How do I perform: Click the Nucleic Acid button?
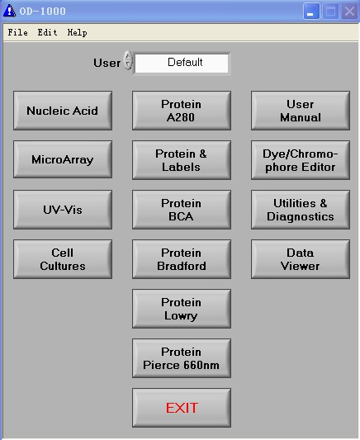[x=63, y=111]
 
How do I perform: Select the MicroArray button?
[x=63, y=159]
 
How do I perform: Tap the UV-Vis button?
[x=63, y=210]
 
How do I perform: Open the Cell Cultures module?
[x=63, y=259]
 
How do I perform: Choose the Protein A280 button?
[x=182, y=111]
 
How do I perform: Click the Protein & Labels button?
[x=182, y=160]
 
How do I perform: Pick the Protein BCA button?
[x=182, y=210]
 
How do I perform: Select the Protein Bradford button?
[x=182, y=259]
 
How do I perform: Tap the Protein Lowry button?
[x=182, y=309]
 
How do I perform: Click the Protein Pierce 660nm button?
[x=182, y=358]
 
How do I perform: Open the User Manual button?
[x=301, y=111]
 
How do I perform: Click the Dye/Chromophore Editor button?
[x=301, y=160]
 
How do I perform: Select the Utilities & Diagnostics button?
[x=301, y=210]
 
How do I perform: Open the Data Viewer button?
[x=301, y=259]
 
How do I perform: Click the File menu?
[x=17, y=32]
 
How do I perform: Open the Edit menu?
[x=47, y=32]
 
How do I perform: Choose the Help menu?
[x=77, y=32]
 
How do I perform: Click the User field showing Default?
[x=182, y=63]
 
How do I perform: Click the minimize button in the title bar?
[x=311, y=12]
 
